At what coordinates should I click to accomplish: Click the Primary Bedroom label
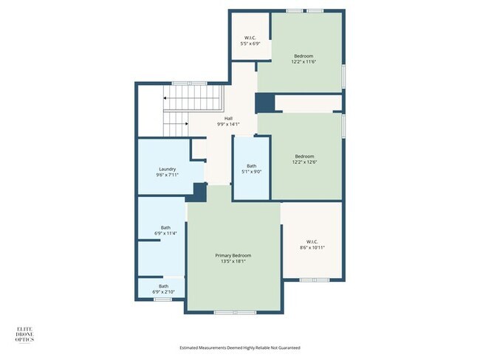pos(233,255)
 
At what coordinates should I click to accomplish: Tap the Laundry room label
pos(167,169)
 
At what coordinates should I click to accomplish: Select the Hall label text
pos(228,118)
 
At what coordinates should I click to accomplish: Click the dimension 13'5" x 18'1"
pos(233,261)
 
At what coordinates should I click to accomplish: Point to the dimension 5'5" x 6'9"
pos(250,44)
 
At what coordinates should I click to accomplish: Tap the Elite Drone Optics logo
pos(25,335)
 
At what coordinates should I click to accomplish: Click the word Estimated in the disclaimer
pos(189,347)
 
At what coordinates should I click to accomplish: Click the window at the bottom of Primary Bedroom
pos(235,312)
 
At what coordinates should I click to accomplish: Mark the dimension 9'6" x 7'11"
pos(167,175)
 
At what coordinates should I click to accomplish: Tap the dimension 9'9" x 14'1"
pos(228,124)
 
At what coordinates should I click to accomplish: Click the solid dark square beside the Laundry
pos(199,192)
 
